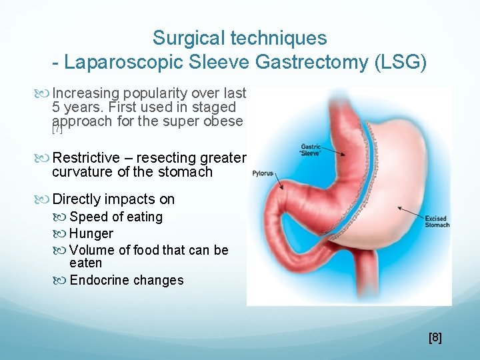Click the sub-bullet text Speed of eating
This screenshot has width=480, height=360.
115,217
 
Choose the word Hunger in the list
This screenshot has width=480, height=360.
91,233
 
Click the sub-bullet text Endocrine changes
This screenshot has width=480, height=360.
126,280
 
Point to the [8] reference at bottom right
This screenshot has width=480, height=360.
435,337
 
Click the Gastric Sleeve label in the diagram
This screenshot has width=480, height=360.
312,149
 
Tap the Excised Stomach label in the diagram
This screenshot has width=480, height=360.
437,221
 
